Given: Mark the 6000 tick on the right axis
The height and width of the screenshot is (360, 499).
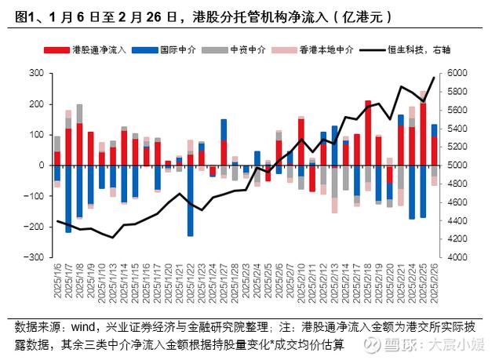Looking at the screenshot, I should tap(457, 73).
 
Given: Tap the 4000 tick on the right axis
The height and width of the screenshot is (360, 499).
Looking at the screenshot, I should tap(457, 257).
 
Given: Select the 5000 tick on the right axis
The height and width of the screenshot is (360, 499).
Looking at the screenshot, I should tap(457, 165).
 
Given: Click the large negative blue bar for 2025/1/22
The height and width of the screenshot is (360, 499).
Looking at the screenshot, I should tap(190, 200).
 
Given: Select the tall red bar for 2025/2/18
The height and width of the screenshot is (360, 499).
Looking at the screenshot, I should tap(368, 133).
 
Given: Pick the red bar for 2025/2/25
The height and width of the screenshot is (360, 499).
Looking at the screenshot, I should tap(424, 134).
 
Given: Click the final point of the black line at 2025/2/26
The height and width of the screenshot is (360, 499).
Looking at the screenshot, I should tap(435, 77).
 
